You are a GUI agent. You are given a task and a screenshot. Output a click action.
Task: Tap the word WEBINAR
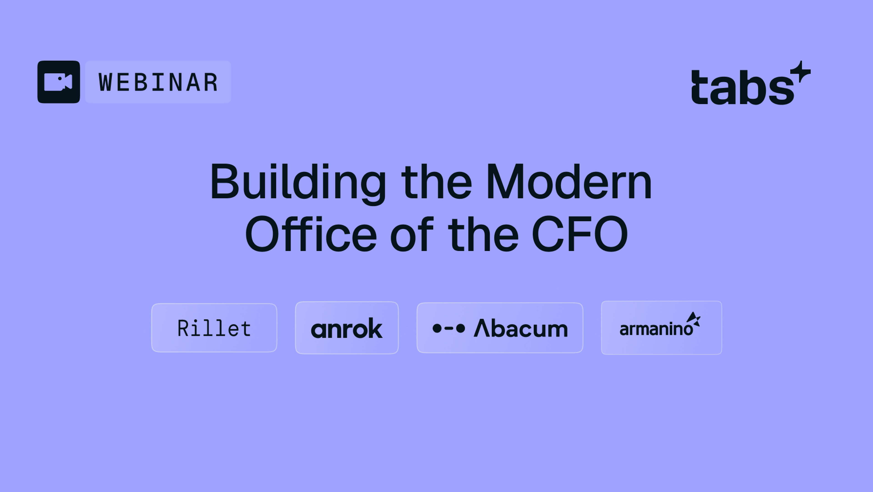[158, 82]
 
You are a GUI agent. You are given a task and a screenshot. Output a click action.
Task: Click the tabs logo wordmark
[742, 87]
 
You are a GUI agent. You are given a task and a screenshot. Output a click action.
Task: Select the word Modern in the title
[569, 182]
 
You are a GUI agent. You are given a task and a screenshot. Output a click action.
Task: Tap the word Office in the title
[311, 235]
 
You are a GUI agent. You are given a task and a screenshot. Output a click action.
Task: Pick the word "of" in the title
[411, 235]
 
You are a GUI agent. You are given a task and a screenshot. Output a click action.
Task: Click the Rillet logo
[214, 328]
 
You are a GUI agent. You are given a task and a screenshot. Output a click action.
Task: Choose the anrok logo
[347, 328]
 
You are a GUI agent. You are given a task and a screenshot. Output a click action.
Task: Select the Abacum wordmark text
[521, 328]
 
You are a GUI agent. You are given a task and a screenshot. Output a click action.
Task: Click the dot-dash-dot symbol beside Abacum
[449, 328]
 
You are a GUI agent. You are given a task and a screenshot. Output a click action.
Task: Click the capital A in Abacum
[482, 328]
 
